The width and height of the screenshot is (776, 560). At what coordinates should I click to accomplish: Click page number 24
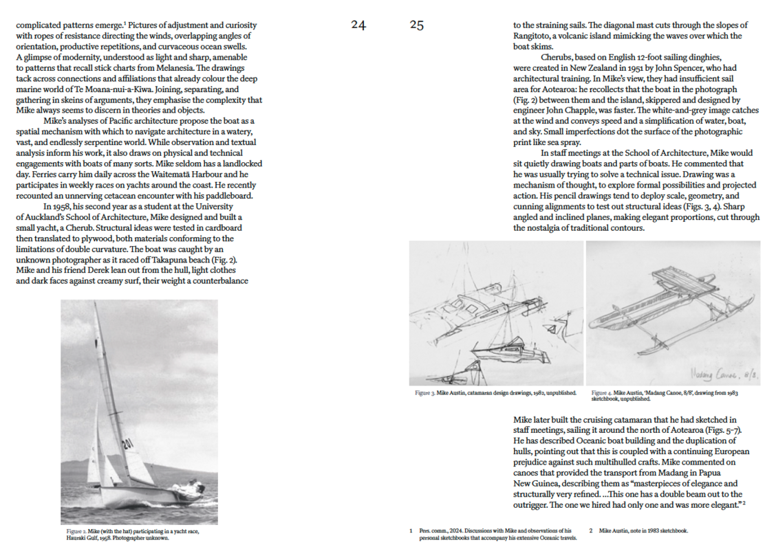[x=358, y=25]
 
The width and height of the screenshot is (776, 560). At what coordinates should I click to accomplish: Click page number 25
[x=417, y=25]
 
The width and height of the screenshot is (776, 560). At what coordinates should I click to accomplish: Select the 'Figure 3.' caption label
[x=424, y=392]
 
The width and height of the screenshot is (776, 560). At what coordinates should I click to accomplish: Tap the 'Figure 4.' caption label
[x=601, y=392]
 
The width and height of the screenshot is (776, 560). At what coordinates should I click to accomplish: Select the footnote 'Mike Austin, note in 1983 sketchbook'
[x=643, y=530]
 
